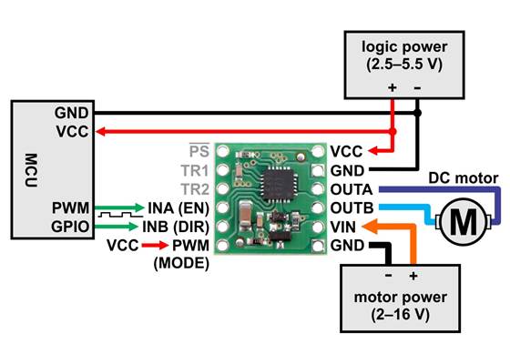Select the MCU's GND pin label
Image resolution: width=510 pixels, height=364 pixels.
[72, 114]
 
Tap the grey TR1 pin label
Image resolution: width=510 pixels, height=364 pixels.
[196, 170]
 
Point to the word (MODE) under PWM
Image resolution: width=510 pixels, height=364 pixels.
[181, 264]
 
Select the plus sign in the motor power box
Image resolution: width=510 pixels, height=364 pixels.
[413, 275]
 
